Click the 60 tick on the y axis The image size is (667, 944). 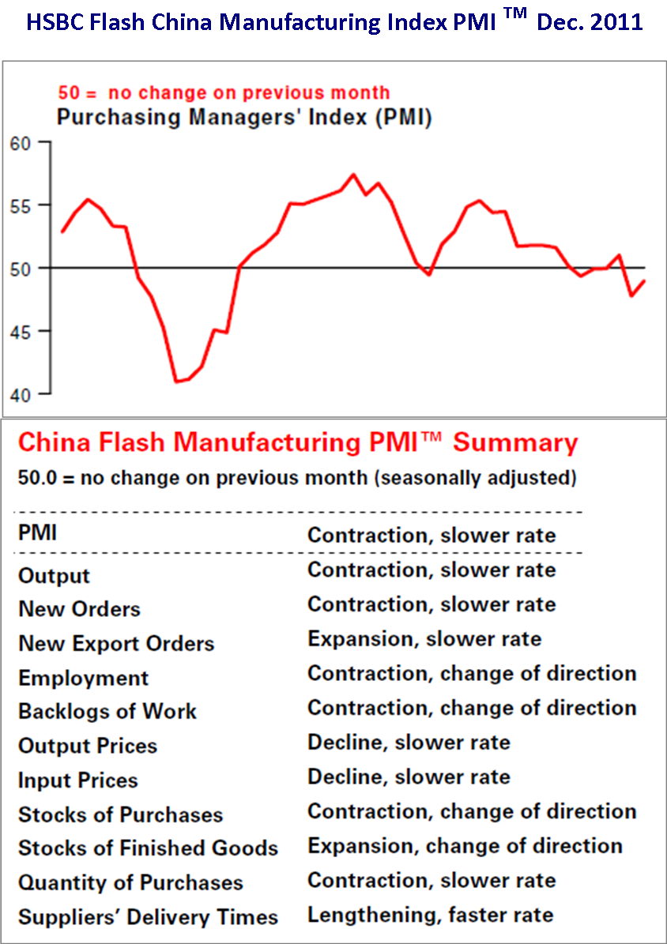coord(19,143)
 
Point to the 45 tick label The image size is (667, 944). coord(19,331)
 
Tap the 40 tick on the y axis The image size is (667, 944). coord(19,393)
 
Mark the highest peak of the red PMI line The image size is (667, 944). coord(353,174)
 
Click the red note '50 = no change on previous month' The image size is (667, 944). coord(224,93)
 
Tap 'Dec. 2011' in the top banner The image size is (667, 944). coord(590,22)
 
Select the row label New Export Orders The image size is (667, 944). coord(116,644)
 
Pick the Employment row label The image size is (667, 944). coord(83,679)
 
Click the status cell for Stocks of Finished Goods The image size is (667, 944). coord(465,846)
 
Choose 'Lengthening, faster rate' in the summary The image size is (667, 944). coord(430,916)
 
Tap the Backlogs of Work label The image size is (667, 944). coord(107,712)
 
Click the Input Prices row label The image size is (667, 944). coord(77,780)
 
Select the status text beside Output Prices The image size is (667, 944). coord(409,743)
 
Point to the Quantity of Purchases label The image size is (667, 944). coord(130,882)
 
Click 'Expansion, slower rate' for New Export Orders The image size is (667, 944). coord(424,639)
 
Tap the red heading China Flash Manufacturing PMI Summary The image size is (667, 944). coord(298,442)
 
